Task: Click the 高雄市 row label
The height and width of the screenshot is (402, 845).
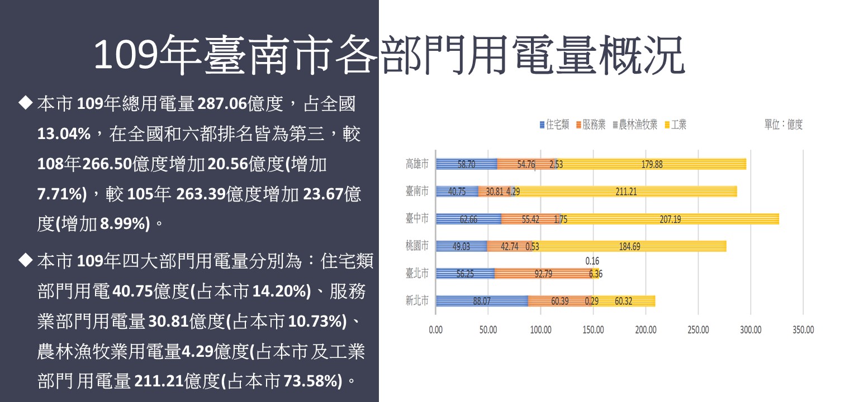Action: (x=417, y=164)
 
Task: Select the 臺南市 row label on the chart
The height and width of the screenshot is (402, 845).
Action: (x=417, y=192)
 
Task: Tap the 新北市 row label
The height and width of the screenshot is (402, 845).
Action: (x=417, y=301)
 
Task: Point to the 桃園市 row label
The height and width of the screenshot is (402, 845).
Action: (x=417, y=246)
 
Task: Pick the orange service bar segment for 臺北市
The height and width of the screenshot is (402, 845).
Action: (x=542, y=274)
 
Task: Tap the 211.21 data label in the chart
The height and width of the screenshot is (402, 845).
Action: (x=626, y=192)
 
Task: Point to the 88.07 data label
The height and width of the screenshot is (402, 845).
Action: (x=482, y=301)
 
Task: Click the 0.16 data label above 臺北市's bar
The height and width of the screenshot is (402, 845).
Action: (x=592, y=261)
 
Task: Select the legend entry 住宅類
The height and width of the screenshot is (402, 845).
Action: (x=554, y=125)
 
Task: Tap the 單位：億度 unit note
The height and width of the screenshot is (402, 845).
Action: (x=784, y=125)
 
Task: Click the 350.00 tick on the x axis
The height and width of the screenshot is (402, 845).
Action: (x=803, y=330)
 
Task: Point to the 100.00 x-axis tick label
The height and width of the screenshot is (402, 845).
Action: (x=540, y=330)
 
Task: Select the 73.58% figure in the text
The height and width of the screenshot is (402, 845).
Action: (x=312, y=382)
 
